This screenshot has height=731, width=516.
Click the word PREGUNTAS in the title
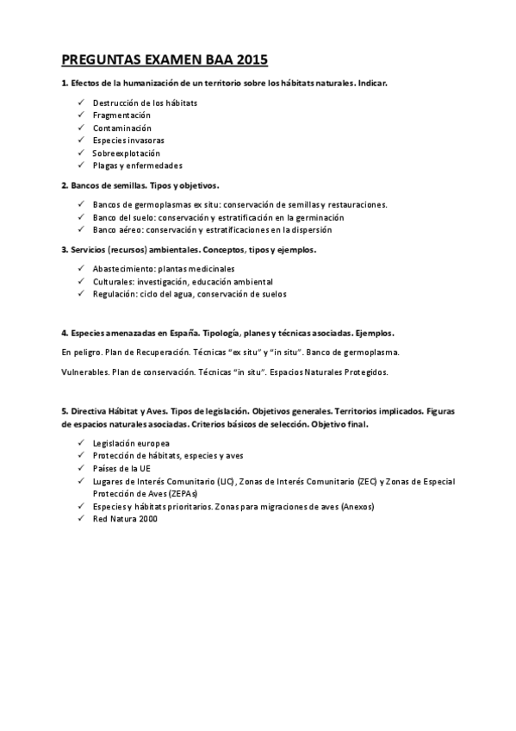click(x=97, y=60)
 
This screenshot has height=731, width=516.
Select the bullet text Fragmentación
click(x=121, y=116)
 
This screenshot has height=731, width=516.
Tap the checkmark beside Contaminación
click(x=79, y=128)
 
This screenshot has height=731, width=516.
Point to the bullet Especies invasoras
click(x=128, y=141)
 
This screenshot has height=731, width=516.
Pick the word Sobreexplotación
click(x=127, y=153)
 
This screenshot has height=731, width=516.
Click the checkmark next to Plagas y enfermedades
click(x=79, y=165)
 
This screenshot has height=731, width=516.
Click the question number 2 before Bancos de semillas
click(x=65, y=185)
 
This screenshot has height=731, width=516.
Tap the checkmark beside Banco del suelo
click(x=79, y=218)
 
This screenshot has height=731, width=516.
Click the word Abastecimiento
click(x=123, y=268)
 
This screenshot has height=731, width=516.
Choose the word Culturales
click(x=112, y=281)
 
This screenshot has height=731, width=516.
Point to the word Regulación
click(x=114, y=294)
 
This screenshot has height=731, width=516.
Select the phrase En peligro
click(x=81, y=353)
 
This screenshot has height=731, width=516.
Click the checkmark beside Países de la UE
click(x=79, y=468)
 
